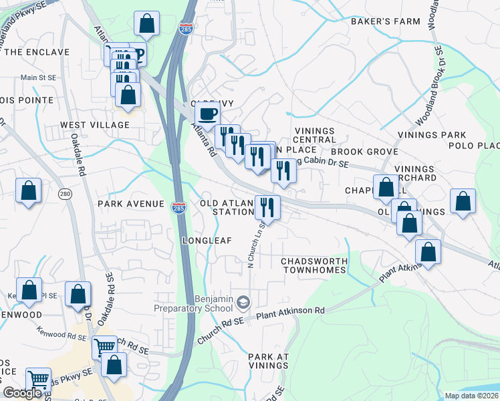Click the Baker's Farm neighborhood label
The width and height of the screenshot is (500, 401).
point(386,21)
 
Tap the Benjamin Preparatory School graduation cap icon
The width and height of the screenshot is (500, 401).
point(243,303)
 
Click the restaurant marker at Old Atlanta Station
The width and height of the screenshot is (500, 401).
point(267,207)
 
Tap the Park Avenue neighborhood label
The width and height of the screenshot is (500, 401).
point(131,203)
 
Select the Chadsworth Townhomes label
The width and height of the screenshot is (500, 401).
point(314,265)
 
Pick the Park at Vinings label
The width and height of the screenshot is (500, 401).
point(268,361)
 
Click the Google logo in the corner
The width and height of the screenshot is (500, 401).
point(23,393)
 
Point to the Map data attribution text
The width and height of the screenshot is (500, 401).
point(471,396)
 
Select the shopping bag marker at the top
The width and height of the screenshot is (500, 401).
point(146,25)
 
